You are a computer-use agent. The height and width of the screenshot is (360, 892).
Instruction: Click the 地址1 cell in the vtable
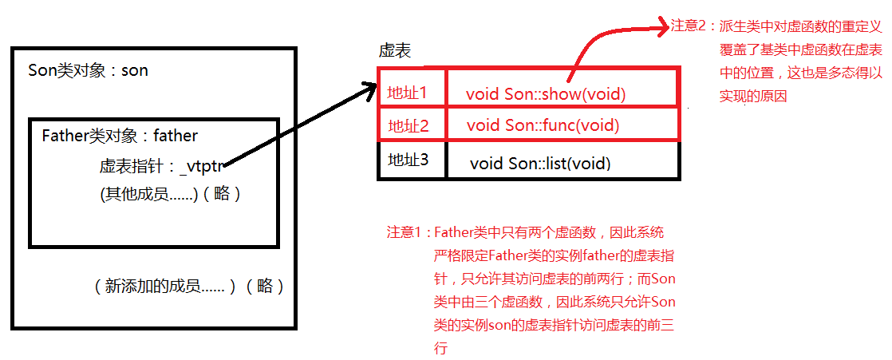coord(407,93)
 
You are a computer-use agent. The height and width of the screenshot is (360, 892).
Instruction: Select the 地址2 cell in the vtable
coord(409,125)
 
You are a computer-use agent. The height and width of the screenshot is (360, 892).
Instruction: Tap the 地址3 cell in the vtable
coord(409,160)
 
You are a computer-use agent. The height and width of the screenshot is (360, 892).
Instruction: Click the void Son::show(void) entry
coord(546,94)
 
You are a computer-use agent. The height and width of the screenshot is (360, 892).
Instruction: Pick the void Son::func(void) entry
coord(543,125)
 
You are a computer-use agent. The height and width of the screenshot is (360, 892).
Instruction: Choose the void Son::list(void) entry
coord(540,164)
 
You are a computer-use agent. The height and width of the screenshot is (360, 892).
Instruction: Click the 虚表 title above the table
coord(395,51)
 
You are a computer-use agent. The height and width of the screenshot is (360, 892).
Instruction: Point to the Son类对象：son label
coord(88,70)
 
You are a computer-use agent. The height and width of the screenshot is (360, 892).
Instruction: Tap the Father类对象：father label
coord(120,136)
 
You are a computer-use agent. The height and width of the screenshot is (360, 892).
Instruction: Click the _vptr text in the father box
coord(204,167)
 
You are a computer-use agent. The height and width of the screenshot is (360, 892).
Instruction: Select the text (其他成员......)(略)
coord(170,194)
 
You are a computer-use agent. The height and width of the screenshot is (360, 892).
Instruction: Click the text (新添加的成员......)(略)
coord(189,287)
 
